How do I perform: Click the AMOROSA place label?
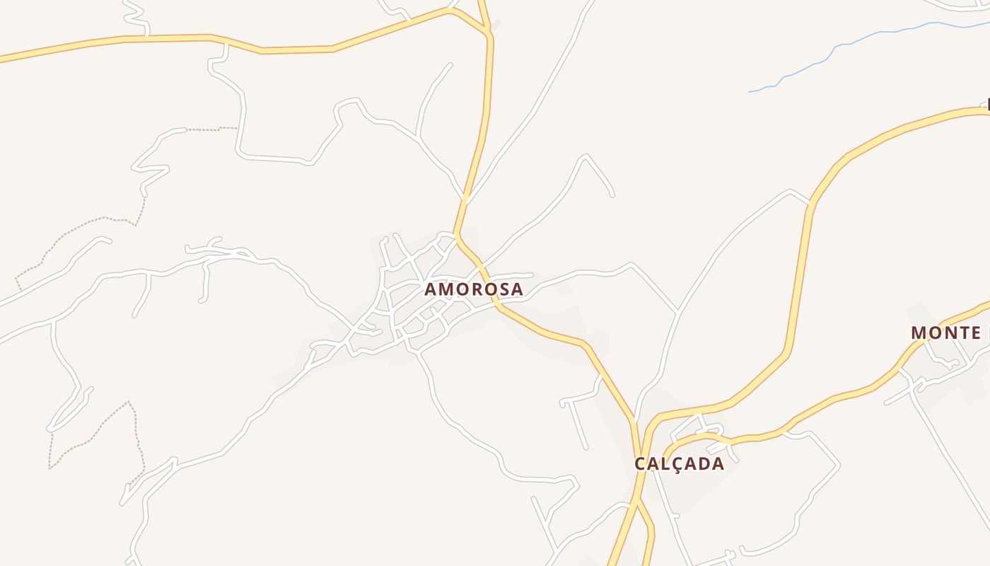pos(474,289)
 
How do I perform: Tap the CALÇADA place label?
pos(679,463)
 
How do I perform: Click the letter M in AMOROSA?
pos(445,289)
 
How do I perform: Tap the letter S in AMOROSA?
pos(504,289)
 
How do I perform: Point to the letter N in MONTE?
pos(949,333)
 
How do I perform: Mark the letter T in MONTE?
pos(963,333)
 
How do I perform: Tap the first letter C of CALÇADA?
pos(641,463)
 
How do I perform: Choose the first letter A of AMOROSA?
pos(430,289)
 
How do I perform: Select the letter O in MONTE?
pos(935,333)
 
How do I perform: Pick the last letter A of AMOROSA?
pos(518,289)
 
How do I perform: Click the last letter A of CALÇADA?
pos(718,463)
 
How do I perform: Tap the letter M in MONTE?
pos(919,333)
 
